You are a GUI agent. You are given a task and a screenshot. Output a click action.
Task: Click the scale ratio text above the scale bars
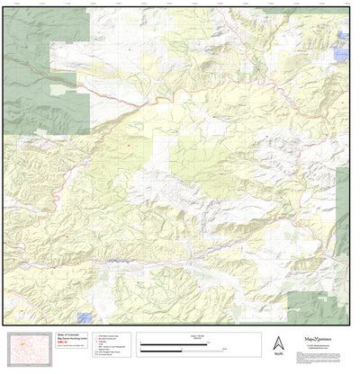pyautogui.click(x=193, y=334)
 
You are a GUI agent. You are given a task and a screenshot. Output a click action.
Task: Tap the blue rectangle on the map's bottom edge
pyautogui.click(x=85, y=317)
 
